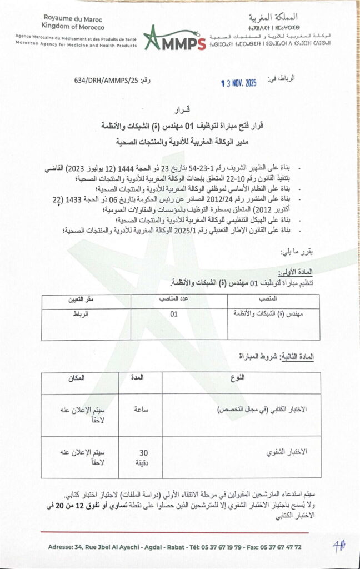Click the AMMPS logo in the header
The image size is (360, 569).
[x=174, y=38]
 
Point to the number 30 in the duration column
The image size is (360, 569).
[x=143, y=452]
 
